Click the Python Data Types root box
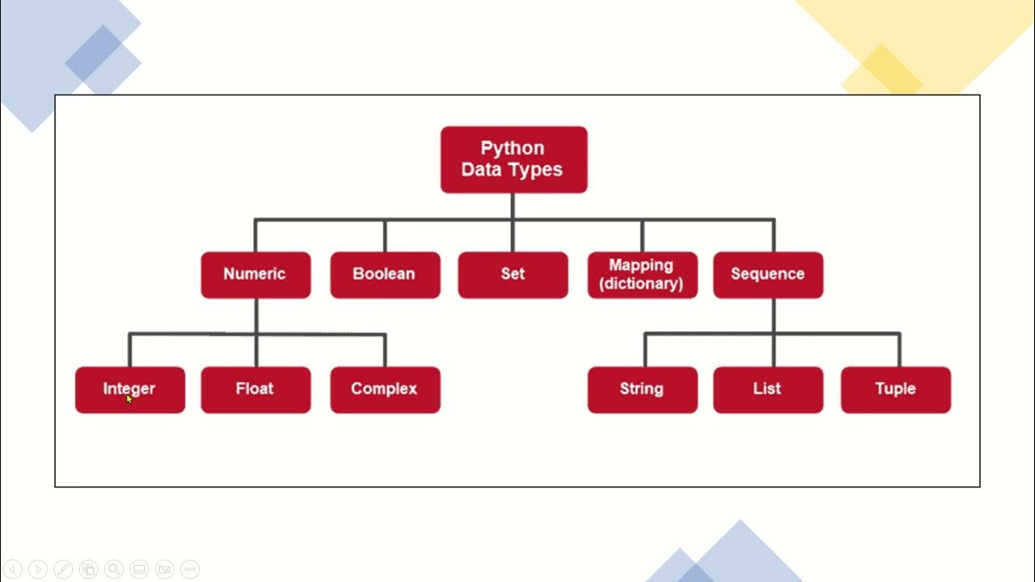tap(513, 159)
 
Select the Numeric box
tap(256, 275)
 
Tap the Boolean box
tap(385, 275)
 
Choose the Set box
tap(513, 275)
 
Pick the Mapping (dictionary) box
tap(642, 275)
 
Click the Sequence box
tap(768, 275)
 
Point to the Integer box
tap(130, 390)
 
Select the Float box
tap(256, 390)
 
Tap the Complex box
tap(385, 390)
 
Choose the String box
tap(642, 390)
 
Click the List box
tap(768, 390)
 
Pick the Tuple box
tap(896, 390)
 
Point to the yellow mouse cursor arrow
tap(129, 399)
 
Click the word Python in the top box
tap(513, 148)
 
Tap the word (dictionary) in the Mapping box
tap(641, 283)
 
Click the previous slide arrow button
tap(13, 569)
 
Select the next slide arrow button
tap(38, 569)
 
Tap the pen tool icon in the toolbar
tap(63, 569)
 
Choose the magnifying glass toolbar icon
tap(114, 569)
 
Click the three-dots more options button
tap(190, 569)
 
